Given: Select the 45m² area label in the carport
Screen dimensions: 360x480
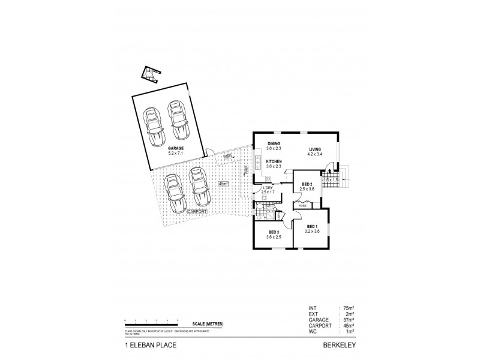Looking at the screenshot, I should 223,184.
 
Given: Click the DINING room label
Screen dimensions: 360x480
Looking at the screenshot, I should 274,143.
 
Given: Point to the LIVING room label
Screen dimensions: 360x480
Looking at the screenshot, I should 316,149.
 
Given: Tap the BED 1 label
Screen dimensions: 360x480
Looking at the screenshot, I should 311,226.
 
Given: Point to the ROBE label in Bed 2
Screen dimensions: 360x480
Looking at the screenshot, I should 303,205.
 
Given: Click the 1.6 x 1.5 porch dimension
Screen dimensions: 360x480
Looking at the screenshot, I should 331,179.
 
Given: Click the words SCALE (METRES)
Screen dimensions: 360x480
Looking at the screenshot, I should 206,324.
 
